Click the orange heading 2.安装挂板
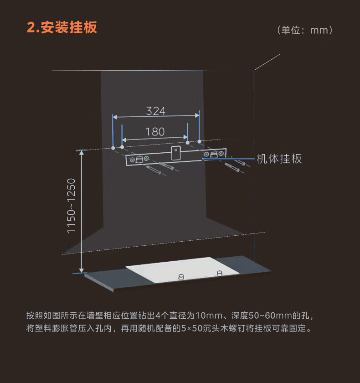[62, 27]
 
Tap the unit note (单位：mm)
[304, 31]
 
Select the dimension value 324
[156, 111]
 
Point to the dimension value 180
[155, 132]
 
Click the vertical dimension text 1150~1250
[72, 206]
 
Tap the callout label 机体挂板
[279, 159]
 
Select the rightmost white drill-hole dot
[200, 142]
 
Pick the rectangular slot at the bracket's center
[175, 153]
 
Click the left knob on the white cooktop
[181, 276]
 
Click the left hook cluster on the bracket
[139, 159]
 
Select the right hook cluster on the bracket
[214, 154]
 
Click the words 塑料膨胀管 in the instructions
[54, 328]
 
